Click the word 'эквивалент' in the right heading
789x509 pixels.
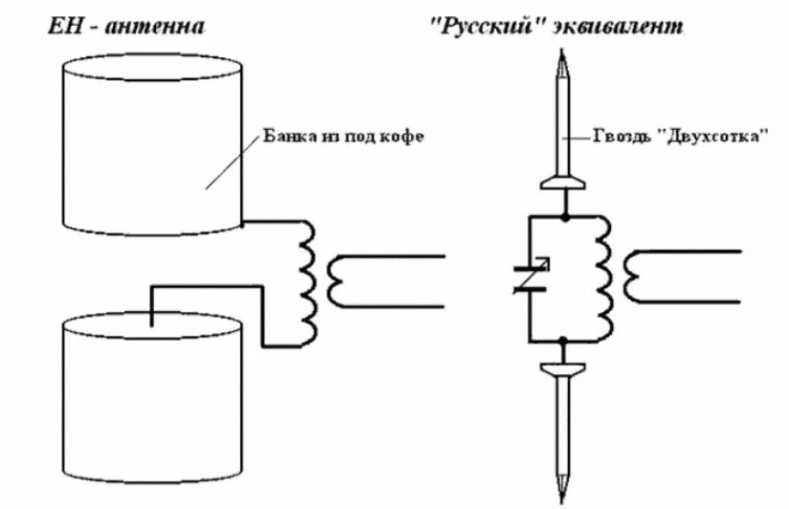(x=625, y=26)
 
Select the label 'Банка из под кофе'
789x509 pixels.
(x=342, y=137)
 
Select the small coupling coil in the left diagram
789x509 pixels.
(x=337, y=280)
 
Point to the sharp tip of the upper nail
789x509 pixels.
(x=564, y=60)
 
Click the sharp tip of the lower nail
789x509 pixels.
(x=564, y=499)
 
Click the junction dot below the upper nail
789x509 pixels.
(x=565, y=217)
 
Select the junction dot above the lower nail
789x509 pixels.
(x=565, y=341)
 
